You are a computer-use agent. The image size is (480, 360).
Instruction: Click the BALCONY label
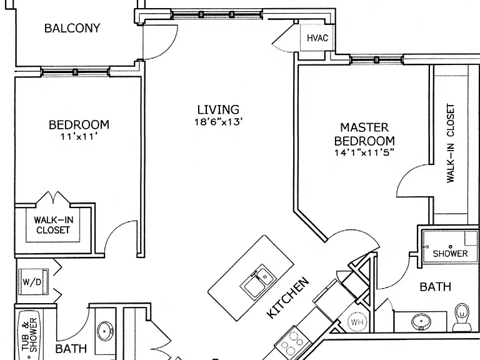[72, 28]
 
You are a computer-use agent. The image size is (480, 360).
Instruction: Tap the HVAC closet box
[317, 37]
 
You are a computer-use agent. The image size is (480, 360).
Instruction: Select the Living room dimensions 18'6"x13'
[219, 122]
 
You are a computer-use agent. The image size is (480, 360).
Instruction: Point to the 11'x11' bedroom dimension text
[79, 136]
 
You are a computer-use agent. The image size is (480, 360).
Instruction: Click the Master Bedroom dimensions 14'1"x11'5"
[364, 152]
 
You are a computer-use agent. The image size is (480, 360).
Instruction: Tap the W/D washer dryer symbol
[33, 282]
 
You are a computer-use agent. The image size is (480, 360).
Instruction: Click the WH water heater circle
[357, 322]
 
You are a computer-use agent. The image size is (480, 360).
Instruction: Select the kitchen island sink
[257, 281]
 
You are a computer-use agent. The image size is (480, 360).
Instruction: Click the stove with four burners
[293, 342]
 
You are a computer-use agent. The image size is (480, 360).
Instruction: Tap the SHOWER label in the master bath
[450, 254]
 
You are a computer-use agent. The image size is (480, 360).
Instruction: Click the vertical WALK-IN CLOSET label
[451, 144]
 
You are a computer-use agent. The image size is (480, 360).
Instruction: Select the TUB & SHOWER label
[29, 334]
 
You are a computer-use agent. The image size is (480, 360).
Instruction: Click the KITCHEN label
[288, 297]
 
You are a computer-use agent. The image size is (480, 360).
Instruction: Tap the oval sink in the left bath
[105, 331]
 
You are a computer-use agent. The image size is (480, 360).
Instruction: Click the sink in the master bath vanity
[421, 322]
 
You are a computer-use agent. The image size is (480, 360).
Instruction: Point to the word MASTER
[364, 127]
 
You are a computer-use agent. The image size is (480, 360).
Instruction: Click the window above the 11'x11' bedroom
[75, 72]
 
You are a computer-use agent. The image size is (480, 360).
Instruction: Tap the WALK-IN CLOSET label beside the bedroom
[53, 225]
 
